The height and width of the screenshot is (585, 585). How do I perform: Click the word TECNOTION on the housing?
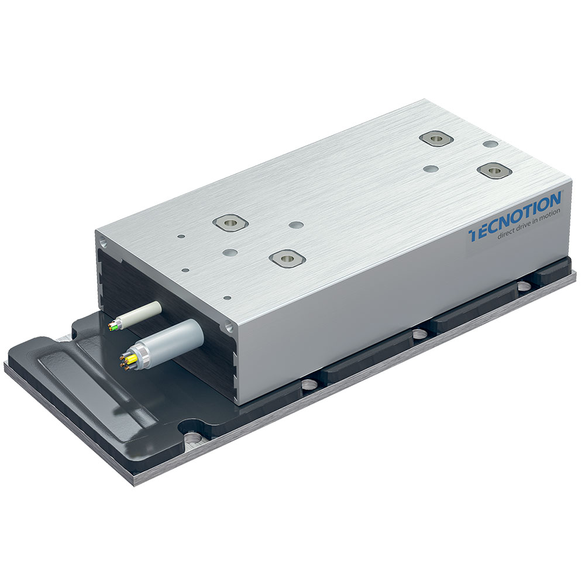pyautogui.click(x=515, y=217)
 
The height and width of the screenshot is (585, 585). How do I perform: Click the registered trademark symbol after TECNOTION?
pyautogui.click(x=562, y=192)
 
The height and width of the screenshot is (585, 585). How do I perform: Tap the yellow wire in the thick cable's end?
pyautogui.click(x=131, y=359)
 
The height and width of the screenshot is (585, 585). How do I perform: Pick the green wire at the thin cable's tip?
pyautogui.click(x=115, y=327)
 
